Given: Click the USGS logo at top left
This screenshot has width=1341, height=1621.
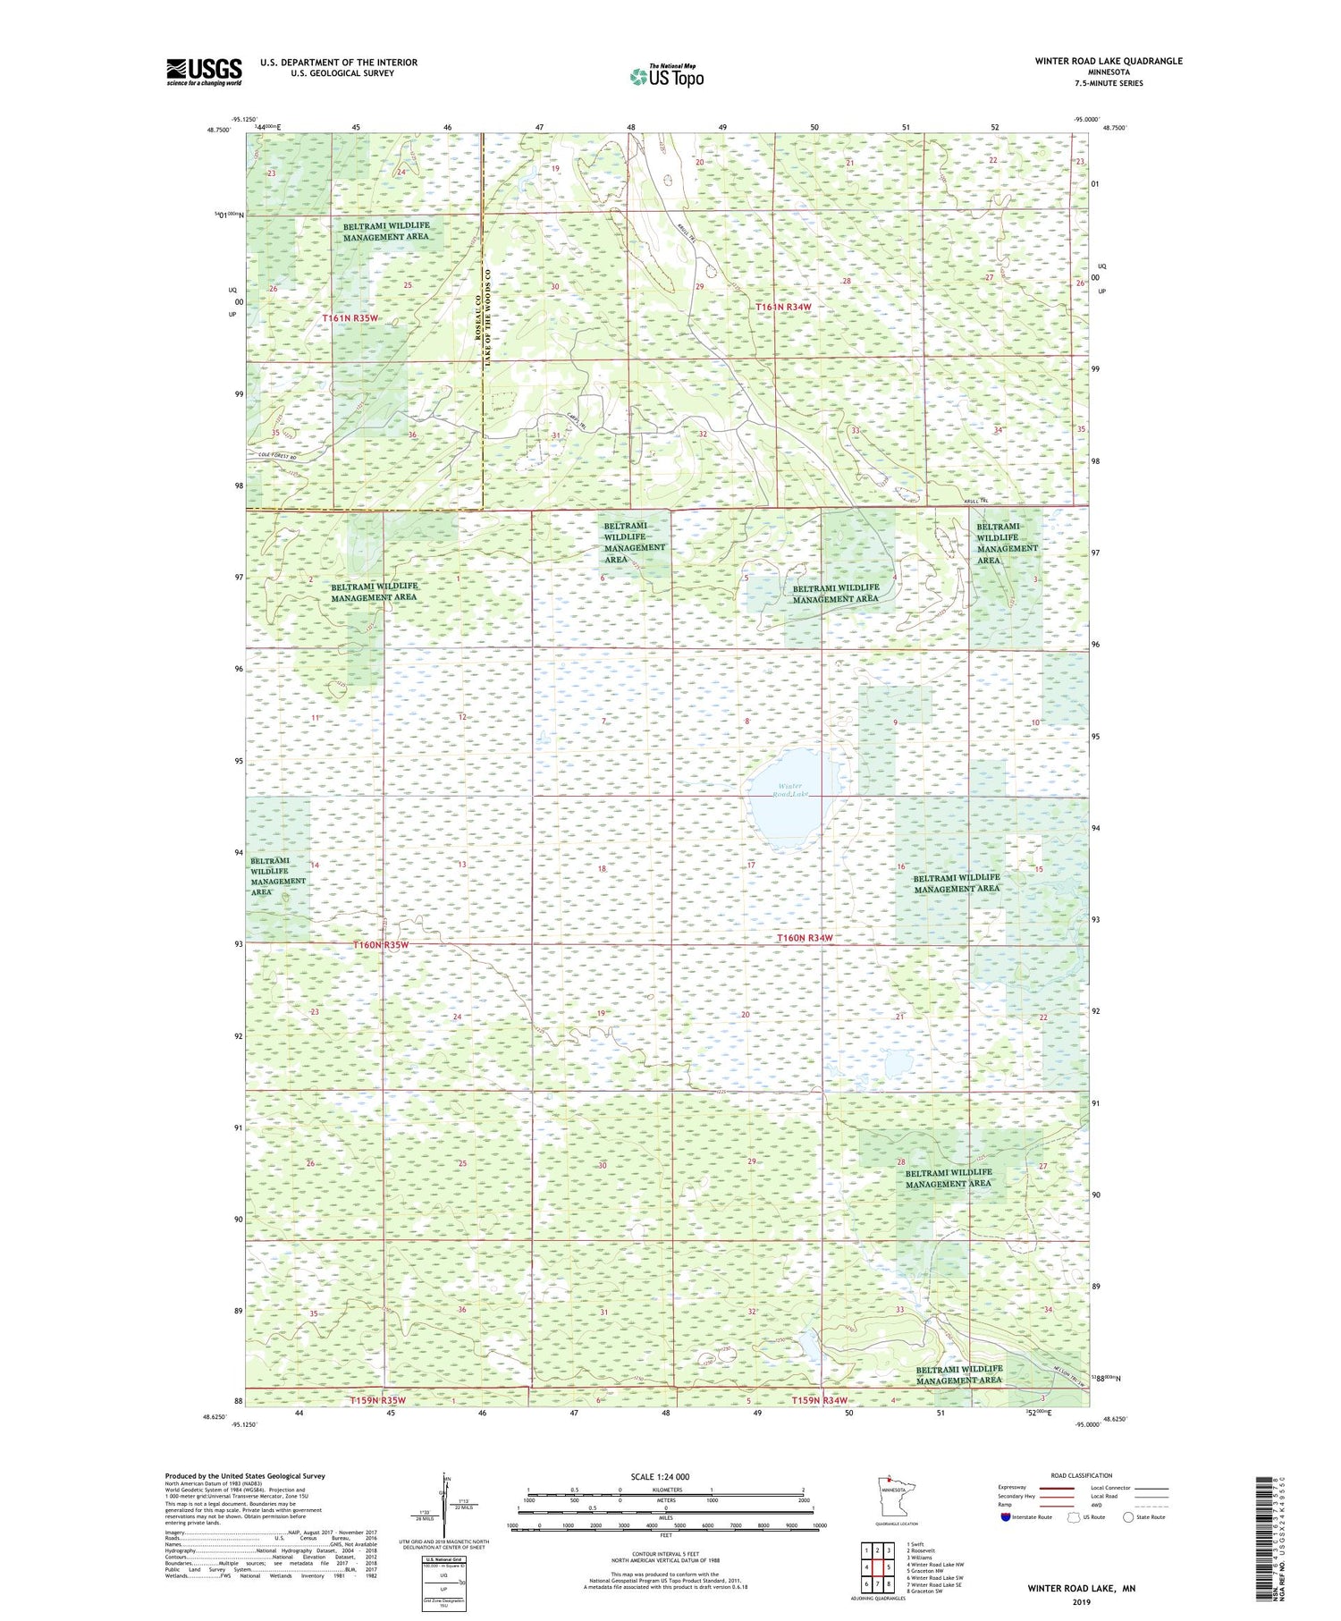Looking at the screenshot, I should [x=204, y=72].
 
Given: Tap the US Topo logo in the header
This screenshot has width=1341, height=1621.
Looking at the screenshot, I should [x=666, y=77].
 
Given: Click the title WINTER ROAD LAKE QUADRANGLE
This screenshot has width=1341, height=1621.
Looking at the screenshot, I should [x=1108, y=61].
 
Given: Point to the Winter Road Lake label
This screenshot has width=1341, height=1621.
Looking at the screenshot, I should [x=790, y=789].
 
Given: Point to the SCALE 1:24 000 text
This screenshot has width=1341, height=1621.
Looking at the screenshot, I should [x=660, y=1476].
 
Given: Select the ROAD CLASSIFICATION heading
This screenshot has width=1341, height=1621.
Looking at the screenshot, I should [x=1081, y=1475].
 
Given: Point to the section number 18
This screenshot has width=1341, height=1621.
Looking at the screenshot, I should [x=602, y=869].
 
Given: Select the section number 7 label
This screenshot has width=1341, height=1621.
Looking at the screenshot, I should [x=604, y=721].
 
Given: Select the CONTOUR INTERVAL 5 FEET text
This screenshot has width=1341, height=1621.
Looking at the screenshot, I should [x=666, y=1557].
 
